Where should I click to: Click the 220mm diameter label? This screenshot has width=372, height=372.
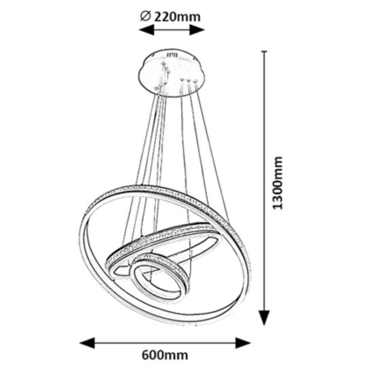pyautogui.click(x=177, y=17)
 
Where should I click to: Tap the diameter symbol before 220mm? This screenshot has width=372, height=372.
pyautogui.click(x=145, y=16)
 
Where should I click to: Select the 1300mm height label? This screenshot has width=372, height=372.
pyautogui.click(x=278, y=183)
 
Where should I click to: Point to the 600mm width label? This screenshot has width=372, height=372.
pyautogui.click(x=165, y=355)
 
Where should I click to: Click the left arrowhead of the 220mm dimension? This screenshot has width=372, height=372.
pyautogui.click(x=146, y=31)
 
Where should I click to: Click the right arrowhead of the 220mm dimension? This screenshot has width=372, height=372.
pyautogui.click(x=197, y=30)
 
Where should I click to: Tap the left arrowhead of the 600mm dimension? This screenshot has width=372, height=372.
pyautogui.click(x=88, y=343)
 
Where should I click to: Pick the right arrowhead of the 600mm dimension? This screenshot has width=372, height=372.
pyautogui.click(x=243, y=343)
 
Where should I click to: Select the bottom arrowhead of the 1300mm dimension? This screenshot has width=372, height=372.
pyautogui.click(x=264, y=317)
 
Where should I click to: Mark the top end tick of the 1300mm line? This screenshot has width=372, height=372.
pyautogui.click(x=264, y=51)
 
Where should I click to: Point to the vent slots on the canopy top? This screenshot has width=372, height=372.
pyautogui.click(x=172, y=55)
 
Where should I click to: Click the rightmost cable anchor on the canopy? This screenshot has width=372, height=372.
pyautogui.click(x=196, y=81)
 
